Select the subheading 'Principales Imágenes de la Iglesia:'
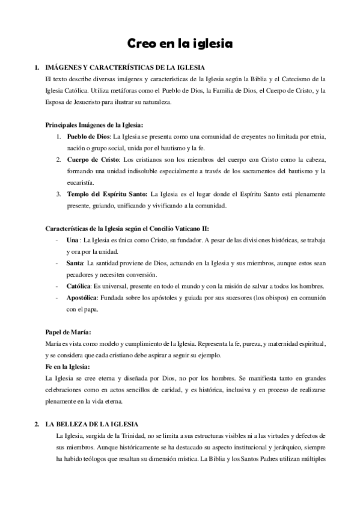(94, 124)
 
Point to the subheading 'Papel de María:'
(69, 332)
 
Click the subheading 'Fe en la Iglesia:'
(68, 366)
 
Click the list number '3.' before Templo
(58, 194)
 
